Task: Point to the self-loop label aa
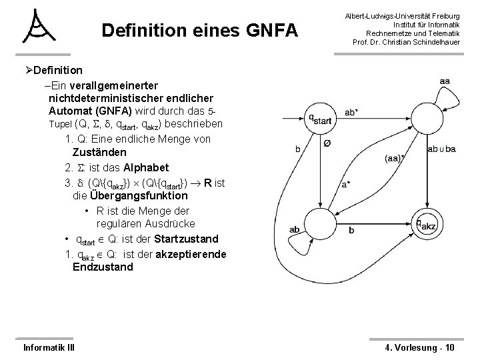pos(445,81)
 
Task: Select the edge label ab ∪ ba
pos(442,149)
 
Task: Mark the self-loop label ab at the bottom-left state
pos(295,230)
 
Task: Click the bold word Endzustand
pos(103,267)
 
